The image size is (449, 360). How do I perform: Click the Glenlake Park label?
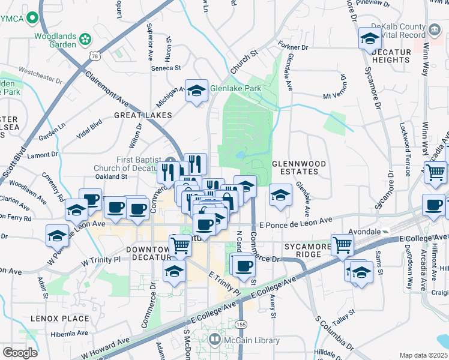coord(235,88)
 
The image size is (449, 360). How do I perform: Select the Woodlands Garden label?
coord(55,40)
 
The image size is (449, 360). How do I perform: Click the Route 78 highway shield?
coord(95,56)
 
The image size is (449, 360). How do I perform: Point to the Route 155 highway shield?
coord(241,324)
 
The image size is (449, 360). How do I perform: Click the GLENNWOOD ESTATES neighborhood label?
coord(299,168)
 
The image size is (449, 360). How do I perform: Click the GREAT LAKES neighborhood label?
coord(144,115)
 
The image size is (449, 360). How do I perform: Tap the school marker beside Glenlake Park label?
coord(196,91)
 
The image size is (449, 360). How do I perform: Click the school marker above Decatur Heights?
coord(370,39)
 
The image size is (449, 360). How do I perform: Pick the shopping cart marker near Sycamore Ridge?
coord(342,244)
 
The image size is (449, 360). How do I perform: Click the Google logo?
coord(20,353)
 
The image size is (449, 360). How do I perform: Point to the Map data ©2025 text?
coord(423,355)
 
